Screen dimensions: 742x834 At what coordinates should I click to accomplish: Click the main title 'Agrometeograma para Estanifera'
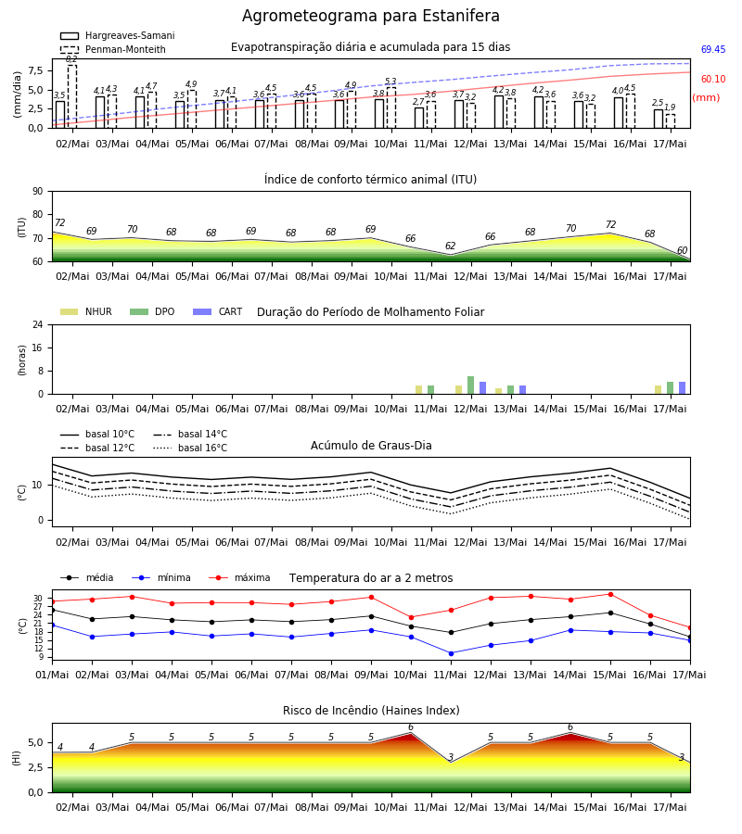pyautogui.click(x=370, y=16)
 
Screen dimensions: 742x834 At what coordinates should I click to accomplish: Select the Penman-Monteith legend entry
pyautogui.click(x=113, y=49)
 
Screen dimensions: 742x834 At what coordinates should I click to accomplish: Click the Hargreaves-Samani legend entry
pyautogui.click(x=117, y=35)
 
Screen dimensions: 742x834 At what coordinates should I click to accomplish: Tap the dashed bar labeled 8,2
pyautogui.click(x=71, y=96)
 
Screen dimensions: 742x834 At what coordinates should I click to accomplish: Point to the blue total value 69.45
pyautogui.click(x=713, y=49)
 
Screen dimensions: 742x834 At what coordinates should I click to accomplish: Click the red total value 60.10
pyautogui.click(x=713, y=80)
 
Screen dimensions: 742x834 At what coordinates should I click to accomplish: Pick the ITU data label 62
pyautogui.click(x=451, y=246)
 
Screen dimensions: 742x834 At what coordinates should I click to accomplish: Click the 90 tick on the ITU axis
pyautogui.click(x=38, y=192)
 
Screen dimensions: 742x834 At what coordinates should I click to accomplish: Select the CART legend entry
pyautogui.click(x=217, y=311)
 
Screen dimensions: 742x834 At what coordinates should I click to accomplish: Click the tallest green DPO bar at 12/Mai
pyautogui.click(x=470, y=385)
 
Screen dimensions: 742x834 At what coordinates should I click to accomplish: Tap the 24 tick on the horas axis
pyautogui.click(x=38, y=324)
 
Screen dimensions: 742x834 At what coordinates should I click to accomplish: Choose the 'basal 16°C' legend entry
pyautogui.click(x=189, y=448)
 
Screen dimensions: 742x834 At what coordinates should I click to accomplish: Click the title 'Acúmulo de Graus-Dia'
pyautogui.click(x=371, y=446)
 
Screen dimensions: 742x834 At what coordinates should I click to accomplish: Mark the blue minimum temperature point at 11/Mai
pyautogui.click(x=452, y=653)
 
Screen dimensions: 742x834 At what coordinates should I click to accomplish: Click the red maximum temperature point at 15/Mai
pyautogui.click(x=610, y=594)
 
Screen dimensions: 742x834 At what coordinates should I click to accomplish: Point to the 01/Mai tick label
pyautogui.click(x=52, y=675)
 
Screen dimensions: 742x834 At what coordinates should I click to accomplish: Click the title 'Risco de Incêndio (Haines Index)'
pyautogui.click(x=371, y=711)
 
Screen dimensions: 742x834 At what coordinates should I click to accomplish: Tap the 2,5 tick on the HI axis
pyautogui.click(x=36, y=767)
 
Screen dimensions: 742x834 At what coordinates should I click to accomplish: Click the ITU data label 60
pyautogui.click(x=682, y=250)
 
